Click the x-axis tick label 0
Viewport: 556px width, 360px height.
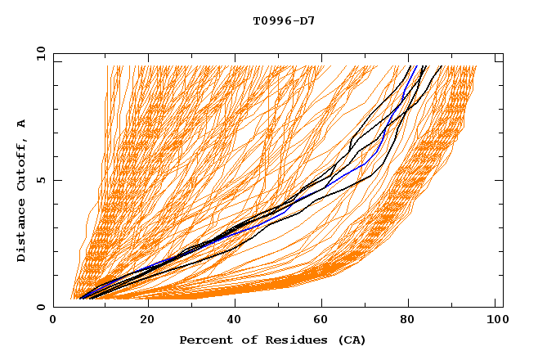coord(53,321)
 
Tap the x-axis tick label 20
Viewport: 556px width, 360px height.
coord(146,321)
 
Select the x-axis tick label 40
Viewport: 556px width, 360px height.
coord(235,321)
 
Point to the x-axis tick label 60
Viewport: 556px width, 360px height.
coord(325,321)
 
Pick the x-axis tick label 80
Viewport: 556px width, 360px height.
coord(413,321)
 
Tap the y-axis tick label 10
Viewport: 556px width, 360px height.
coord(38,54)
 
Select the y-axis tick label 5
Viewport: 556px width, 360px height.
coord(42,180)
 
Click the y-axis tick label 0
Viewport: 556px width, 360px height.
coord(42,307)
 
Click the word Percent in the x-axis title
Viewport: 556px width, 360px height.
coord(204,340)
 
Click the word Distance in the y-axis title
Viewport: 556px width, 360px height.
coord(22,233)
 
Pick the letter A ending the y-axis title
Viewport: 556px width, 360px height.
coord(22,123)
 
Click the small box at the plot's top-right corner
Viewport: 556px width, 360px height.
coord(499,57)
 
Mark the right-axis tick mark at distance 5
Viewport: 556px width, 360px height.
coord(500,180)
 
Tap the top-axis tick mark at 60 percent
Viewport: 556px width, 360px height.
coord(325,56)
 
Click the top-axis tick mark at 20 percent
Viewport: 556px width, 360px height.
coord(146,56)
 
